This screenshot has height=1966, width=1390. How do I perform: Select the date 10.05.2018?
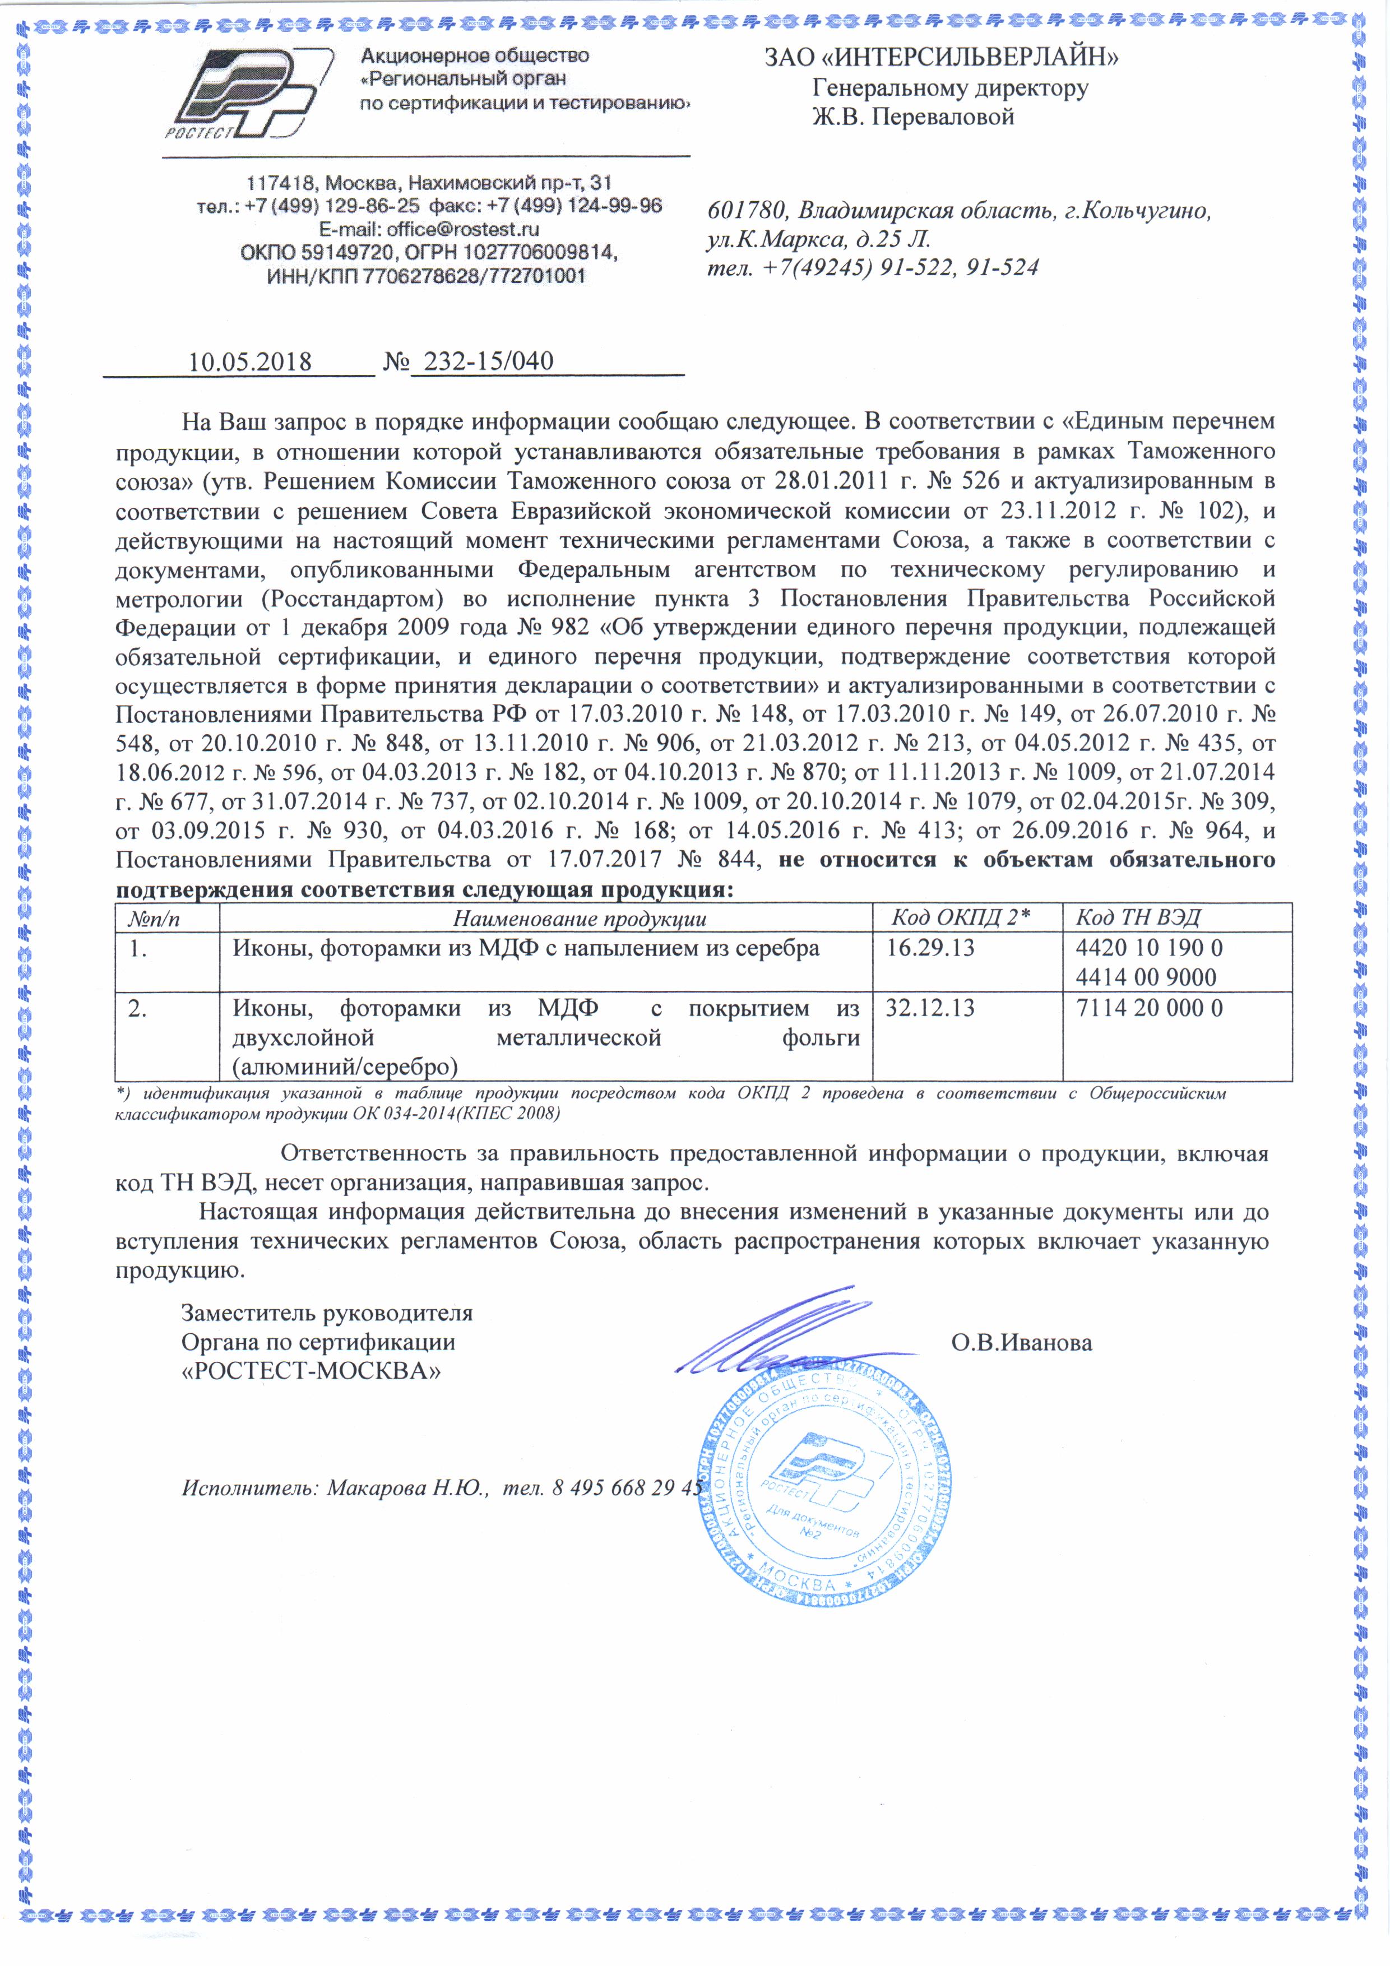(x=249, y=361)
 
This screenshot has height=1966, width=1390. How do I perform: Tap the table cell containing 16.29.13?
(x=930, y=948)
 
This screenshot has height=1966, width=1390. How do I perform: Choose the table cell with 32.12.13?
(x=930, y=1008)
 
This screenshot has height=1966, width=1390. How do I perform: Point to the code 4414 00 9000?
(x=1146, y=977)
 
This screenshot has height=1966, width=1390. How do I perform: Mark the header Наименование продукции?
(x=580, y=919)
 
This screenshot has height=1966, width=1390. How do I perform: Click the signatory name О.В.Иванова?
(x=1022, y=1343)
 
